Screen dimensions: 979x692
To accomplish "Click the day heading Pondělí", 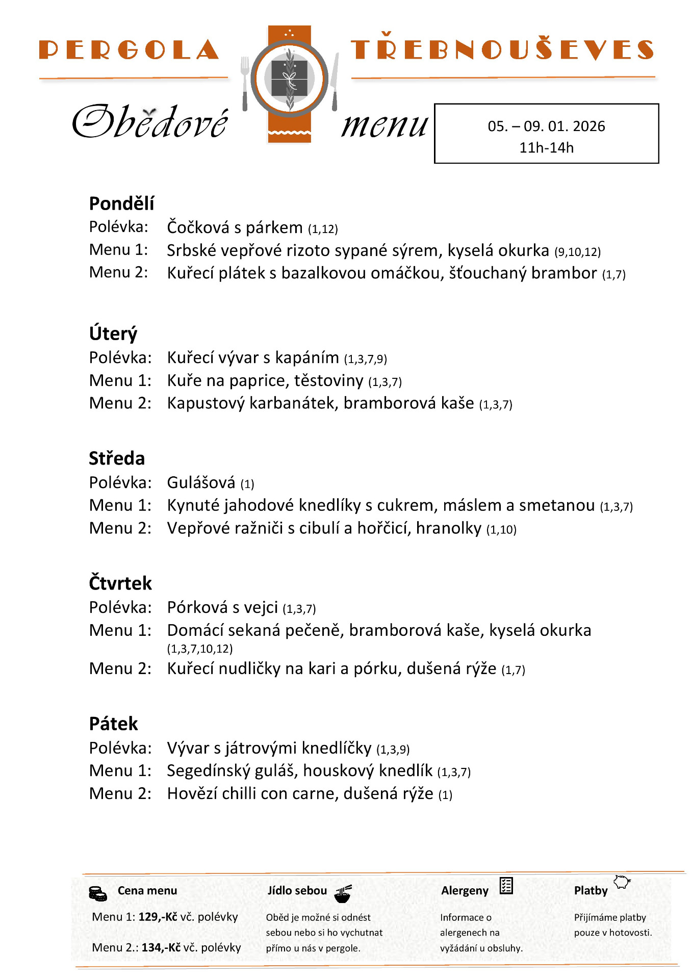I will (x=121, y=203).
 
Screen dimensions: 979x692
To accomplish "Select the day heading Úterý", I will (x=113, y=334).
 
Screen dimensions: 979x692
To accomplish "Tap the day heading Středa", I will (x=117, y=458).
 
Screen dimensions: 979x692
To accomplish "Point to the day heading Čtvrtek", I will (x=120, y=583).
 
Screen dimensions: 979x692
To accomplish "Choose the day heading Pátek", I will (x=113, y=724).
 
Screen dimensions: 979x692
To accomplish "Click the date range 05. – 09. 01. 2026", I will (x=546, y=126).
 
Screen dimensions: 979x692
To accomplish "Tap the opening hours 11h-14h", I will (x=546, y=148).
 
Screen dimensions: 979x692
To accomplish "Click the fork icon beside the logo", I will (x=245, y=83).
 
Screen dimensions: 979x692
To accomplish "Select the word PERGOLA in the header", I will (x=129, y=50).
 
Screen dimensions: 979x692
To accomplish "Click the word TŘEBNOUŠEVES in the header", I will (x=502, y=49).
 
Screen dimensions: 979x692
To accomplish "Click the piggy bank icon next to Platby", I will (x=622, y=882).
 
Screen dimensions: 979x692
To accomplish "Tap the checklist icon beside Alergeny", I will (x=506, y=886).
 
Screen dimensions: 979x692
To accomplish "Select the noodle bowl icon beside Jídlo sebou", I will (x=343, y=893).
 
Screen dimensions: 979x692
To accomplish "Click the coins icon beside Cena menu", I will (x=98, y=894).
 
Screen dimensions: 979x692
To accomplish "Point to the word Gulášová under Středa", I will (x=201, y=482).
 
